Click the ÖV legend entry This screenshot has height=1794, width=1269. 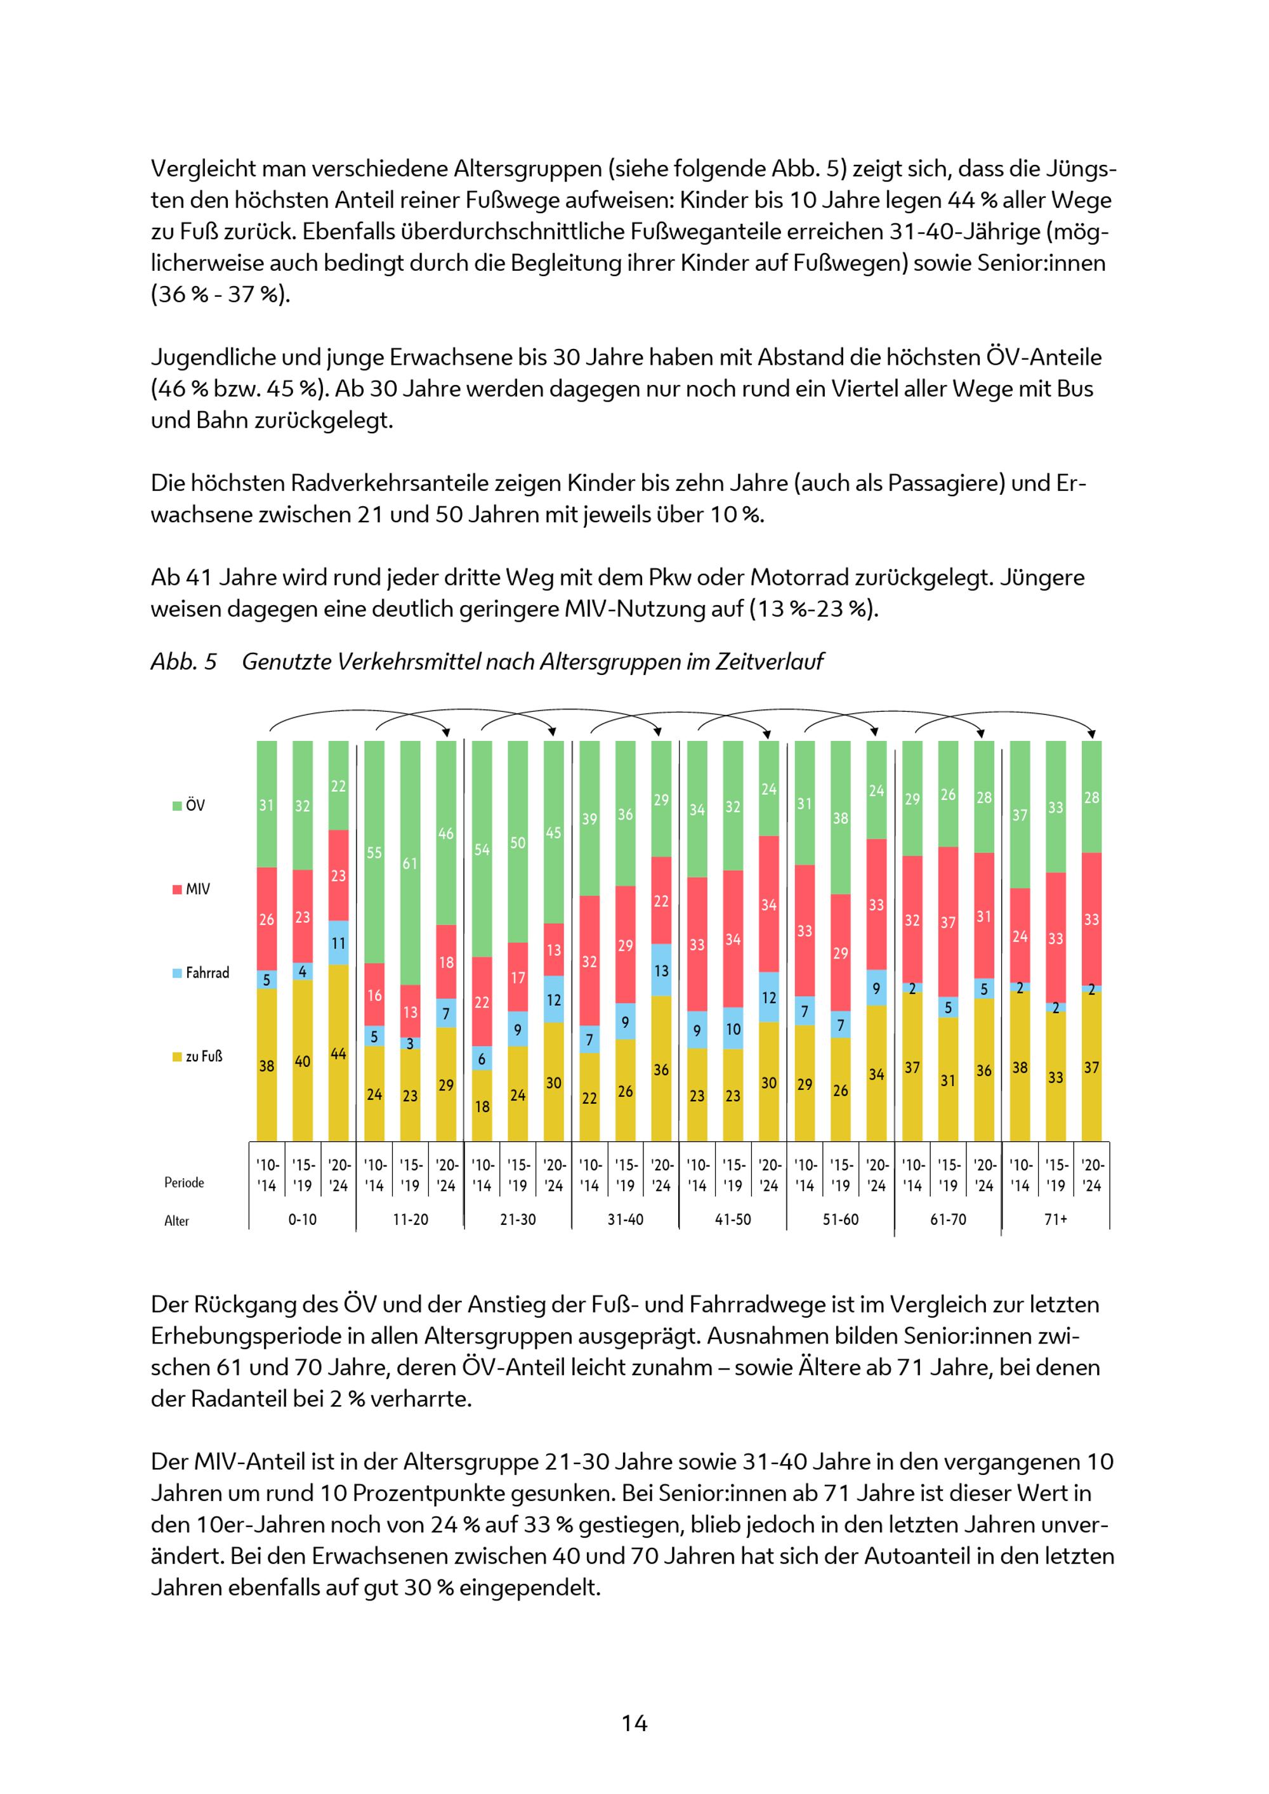(189, 806)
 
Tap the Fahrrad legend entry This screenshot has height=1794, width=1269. (202, 972)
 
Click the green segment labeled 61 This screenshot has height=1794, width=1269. (411, 863)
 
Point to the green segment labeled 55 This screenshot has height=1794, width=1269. (374, 853)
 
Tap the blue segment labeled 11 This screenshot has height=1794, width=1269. (338, 943)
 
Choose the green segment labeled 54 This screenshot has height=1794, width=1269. (482, 849)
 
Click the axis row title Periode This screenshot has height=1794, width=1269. (185, 1183)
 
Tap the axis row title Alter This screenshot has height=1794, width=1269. (176, 1221)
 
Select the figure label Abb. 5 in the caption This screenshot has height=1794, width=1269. (183, 662)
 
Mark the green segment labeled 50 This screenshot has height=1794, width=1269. (518, 842)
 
